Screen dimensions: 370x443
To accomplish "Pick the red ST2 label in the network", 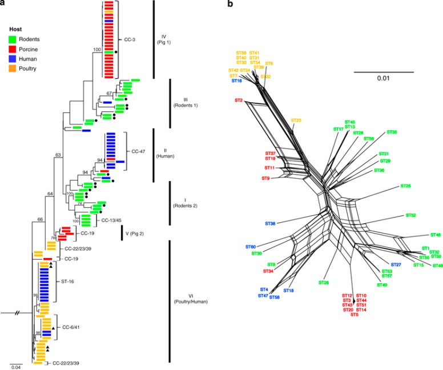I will point(239,100).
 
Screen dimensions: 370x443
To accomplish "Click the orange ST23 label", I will point(296,120).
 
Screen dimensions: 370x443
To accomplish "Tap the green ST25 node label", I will point(406,186).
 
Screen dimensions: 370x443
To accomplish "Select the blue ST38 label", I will point(271,223).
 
